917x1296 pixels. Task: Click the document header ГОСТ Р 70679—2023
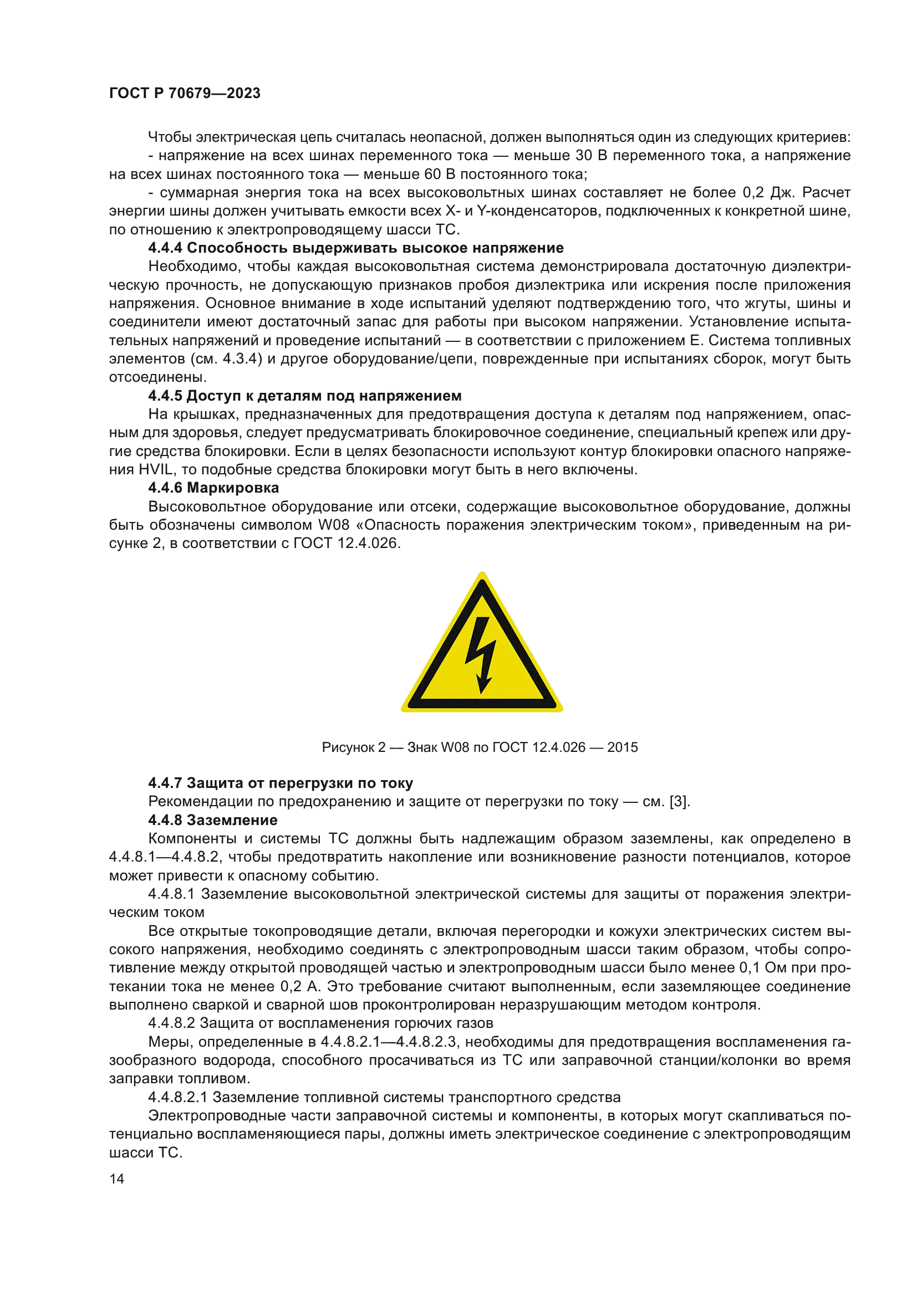coord(185,93)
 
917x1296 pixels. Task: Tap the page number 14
coord(116,1179)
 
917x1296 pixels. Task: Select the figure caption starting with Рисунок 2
coord(480,747)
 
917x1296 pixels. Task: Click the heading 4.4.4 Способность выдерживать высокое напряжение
coord(356,248)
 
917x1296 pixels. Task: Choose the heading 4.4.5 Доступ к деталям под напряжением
coord(305,396)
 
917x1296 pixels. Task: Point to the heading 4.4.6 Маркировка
coord(213,488)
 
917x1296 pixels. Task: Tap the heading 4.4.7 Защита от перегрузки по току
coord(281,783)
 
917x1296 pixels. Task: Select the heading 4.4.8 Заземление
coord(213,819)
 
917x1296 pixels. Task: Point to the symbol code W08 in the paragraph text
coord(334,525)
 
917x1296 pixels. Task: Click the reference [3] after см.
coord(678,802)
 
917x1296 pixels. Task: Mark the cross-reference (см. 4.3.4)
coord(226,359)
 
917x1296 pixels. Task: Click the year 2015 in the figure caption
coord(622,747)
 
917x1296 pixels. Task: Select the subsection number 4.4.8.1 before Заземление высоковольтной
coord(171,894)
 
